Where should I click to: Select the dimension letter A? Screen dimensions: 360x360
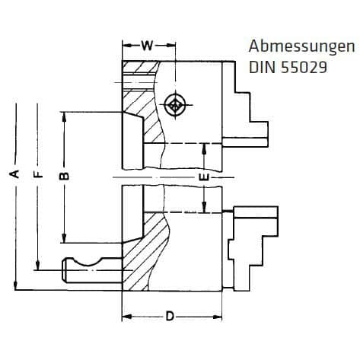click(x=14, y=174)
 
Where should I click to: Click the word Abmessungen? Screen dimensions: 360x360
click(x=291, y=46)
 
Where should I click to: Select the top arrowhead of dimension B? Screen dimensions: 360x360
click(x=66, y=116)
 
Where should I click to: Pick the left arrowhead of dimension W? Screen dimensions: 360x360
click(x=125, y=46)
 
